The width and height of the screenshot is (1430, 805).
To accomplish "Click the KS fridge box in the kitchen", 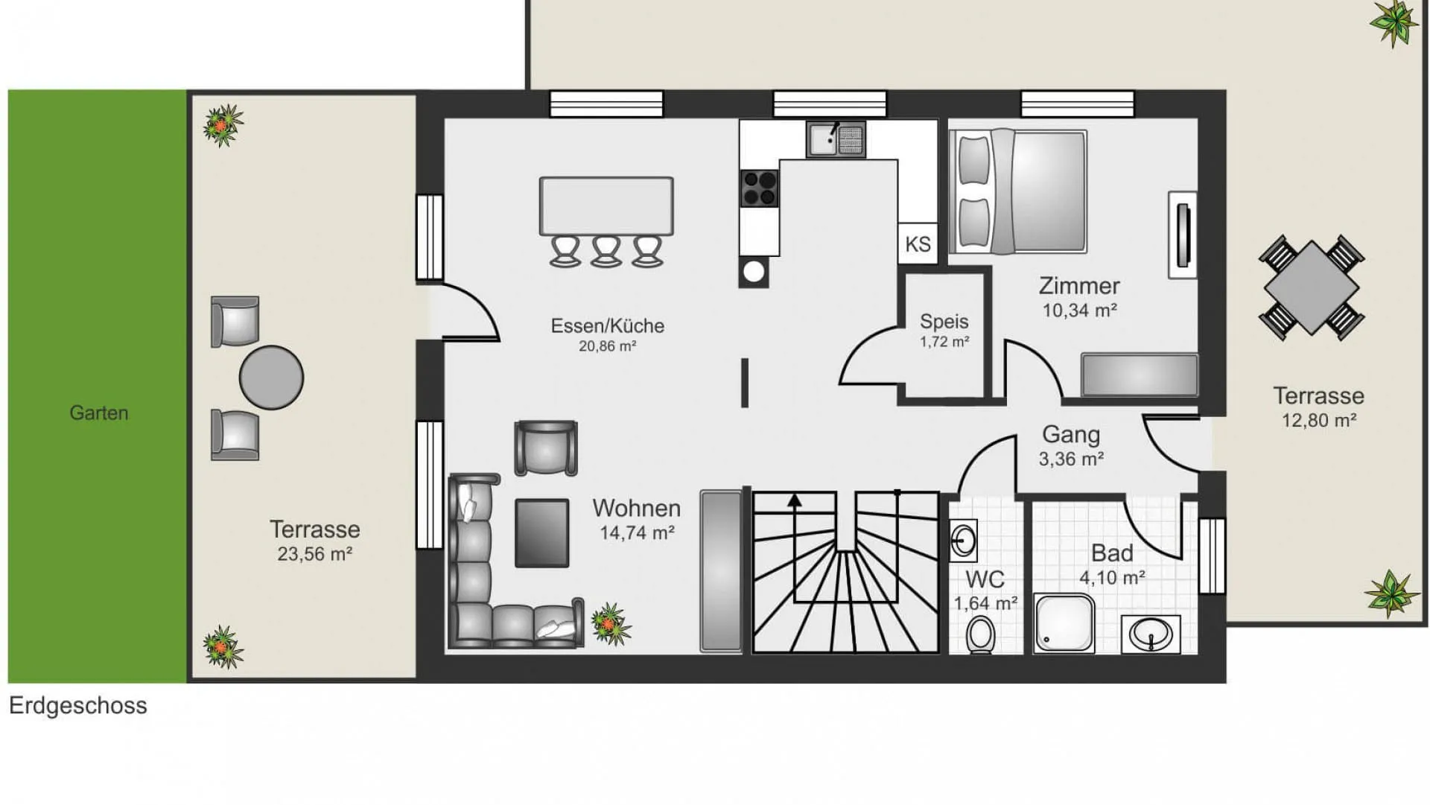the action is pyautogui.click(x=918, y=244).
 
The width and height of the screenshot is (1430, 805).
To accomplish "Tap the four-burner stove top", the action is pyautogui.click(x=759, y=188).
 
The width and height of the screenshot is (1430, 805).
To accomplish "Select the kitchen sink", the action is pyautogui.click(x=836, y=139).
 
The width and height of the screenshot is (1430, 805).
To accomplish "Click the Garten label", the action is pyautogui.click(x=99, y=413).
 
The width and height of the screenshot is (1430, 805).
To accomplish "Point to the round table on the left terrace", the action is pyautogui.click(x=271, y=378).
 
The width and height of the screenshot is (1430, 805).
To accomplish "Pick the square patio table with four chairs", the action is pyautogui.click(x=1312, y=287).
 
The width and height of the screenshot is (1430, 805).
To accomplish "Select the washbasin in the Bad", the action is pyautogui.click(x=1151, y=634).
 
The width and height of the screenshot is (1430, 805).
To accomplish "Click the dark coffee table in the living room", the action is pyautogui.click(x=542, y=533).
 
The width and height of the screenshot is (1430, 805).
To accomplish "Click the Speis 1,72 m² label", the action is pyautogui.click(x=944, y=331).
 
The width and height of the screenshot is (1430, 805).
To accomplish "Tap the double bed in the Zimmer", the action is pyautogui.click(x=1018, y=191).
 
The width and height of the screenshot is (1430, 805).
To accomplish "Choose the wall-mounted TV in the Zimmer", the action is pyautogui.click(x=1183, y=235).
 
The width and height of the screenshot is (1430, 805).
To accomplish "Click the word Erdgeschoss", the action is pyautogui.click(x=78, y=706).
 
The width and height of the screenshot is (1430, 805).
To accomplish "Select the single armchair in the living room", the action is pyautogui.click(x=546, y=448).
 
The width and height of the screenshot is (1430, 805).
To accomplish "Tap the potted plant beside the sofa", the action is pyautogui.click(x=611, y=624).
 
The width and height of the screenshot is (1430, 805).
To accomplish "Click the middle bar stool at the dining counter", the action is pyautogui.click(x=606, y=251).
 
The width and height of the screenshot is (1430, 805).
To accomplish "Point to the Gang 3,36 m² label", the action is pyautogui.click(x=1071, y=446).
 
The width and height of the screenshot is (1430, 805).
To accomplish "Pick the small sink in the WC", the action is pyautogui.click(x=963, y=539).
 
